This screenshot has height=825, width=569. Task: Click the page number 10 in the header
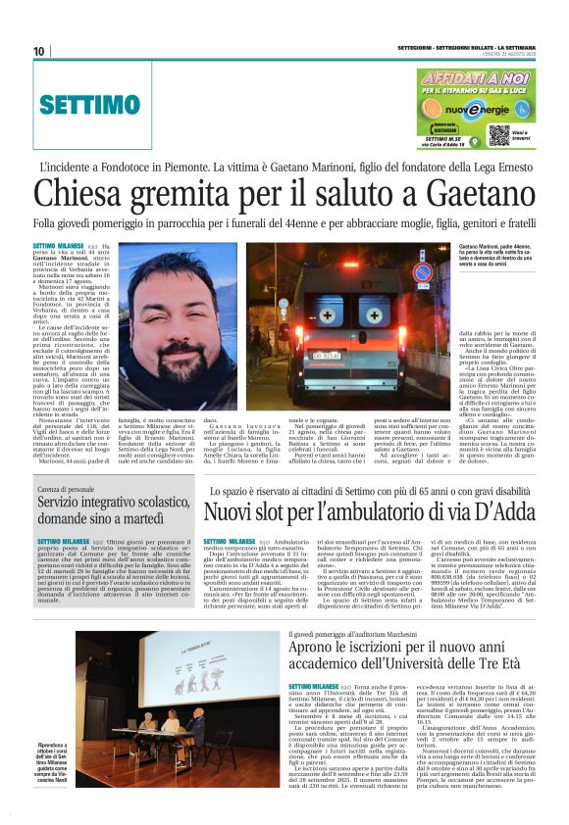coord(38,51)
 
